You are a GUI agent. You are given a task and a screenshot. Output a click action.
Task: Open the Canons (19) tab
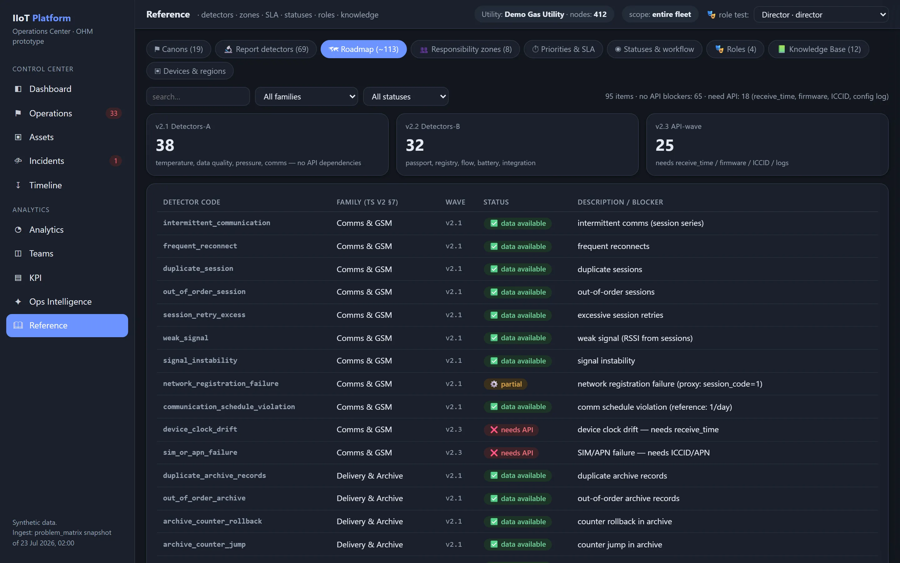click(178, 49)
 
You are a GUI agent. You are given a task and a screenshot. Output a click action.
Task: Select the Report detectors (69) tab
click(266, 49)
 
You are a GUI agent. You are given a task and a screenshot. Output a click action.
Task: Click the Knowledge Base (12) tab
click(818, 49)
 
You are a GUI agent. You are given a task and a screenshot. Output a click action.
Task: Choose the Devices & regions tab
click(190, 71)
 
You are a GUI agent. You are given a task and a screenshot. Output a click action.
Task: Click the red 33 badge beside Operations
click(114, 113)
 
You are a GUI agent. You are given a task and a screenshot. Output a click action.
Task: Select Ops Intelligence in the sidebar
click(60, 302)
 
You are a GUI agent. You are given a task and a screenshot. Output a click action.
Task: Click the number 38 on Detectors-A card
click(165, 145)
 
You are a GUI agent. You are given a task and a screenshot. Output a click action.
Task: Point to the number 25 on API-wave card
click(665, 145)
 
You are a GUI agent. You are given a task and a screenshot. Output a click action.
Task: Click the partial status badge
click(505, 384)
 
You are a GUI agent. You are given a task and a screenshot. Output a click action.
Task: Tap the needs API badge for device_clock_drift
click(511, 430)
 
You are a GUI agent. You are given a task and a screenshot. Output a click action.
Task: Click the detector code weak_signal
click(186, 338)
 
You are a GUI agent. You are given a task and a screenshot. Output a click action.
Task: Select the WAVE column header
click(455, 202)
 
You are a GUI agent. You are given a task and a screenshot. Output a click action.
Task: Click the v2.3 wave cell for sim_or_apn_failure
click(454, 452)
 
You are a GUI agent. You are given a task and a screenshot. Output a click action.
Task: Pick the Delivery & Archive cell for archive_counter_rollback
click(370, 521)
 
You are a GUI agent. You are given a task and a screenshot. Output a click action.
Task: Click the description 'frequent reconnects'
click(613, 246)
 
